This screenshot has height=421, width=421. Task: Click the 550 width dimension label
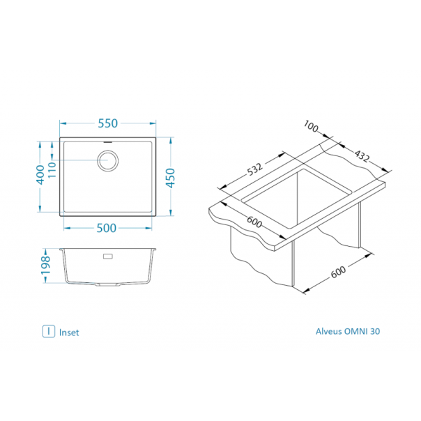click(x=107, y=123)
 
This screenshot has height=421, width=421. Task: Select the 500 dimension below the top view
click(x=107, y=228)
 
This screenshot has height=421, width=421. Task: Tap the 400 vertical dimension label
click(x=40, y=175)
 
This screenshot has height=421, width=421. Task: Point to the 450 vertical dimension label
click(x=171, y=178)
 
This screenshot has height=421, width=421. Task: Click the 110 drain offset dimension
click(x=52, y=169)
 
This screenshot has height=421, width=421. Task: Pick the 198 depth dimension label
click(x=45, y=266)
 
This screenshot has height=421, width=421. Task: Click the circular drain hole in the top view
click(x=107, y=160)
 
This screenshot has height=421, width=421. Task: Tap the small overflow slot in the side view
click(x=108, y=256)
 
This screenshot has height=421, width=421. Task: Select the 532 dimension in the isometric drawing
click(x=254, y=169)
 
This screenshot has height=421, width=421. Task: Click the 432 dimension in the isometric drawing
click(x=362, y=156)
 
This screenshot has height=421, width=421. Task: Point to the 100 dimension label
click(x=311, y=126)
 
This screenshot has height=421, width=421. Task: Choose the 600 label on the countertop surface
click(x=254, y=222)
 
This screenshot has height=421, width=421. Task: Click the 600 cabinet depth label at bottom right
click(x=338, y=272)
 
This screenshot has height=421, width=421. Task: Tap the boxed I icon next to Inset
click(x=49, y=331)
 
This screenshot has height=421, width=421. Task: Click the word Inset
click(x=69, y=332)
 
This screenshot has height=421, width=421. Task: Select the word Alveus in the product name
click(x=329, y=331)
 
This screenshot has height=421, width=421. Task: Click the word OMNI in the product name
click(x=355, y=331)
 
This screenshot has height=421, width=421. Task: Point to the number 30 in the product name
click(x=375, y=331)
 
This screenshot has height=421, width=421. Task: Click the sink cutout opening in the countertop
click(x=296, y=199)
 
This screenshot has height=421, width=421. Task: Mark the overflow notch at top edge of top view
click(x=107, y=141)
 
